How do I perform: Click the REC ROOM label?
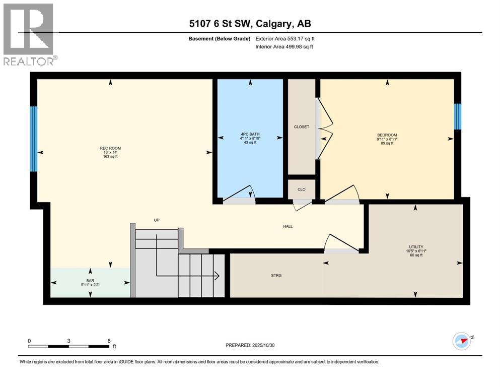point(110,148)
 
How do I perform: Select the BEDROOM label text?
point(387,135)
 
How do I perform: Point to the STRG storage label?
point(276,275)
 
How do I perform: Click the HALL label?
point(288,226)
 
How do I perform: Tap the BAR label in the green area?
point(90,280)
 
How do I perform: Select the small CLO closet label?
point(301,189)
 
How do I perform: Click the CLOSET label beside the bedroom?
point(301,127)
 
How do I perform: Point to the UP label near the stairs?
point(157,220)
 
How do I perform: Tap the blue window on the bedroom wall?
point(457,116)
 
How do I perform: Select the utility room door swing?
point(342,243)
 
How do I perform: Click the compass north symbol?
point(462,341)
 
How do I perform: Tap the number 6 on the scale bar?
point(109,341)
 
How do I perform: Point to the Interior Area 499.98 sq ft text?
point(284,47)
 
